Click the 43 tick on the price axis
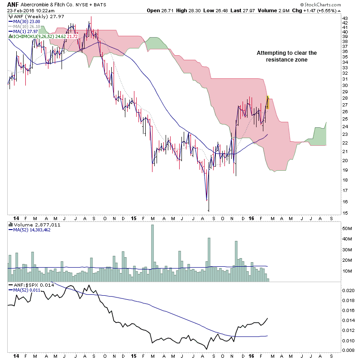pyautogui.click(x=345, y=18)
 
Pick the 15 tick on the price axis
pyautogui.click(x=345, y=213)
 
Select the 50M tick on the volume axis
pyautogui.click(x=347, y=228)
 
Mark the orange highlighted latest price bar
pyautogui.click(x=268, y=103)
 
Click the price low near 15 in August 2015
pyautogui.click(x=209, y=209)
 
